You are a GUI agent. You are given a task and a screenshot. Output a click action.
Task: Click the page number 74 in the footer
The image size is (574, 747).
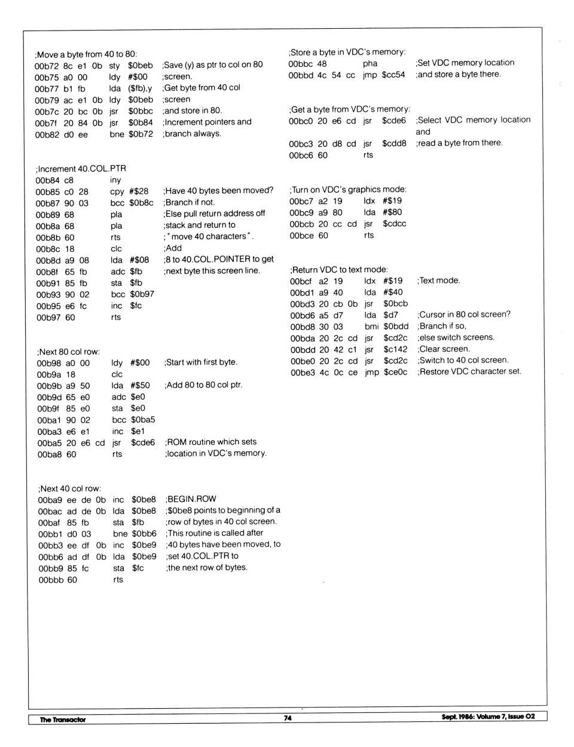pos(288,718)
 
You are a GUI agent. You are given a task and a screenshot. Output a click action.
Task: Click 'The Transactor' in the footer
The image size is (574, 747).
pos(63,719)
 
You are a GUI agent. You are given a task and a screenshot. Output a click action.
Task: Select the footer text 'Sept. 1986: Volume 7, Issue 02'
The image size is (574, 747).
pos(488,716)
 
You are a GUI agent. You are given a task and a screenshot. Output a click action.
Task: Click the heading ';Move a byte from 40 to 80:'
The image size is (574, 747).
pos(86,54)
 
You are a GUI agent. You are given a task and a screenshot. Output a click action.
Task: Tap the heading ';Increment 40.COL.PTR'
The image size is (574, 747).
pos(81,169)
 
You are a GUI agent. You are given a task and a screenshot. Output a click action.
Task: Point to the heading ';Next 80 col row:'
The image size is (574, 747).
pos(69,352)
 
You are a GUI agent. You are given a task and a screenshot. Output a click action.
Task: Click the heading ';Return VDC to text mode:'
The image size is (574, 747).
pos(339,270)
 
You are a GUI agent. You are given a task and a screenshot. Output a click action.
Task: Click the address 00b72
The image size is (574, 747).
pos(45,66)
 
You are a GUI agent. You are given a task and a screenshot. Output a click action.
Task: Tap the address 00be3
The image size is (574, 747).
pos(302,373)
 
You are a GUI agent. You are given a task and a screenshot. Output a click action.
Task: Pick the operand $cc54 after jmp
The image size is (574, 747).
pos(393,75)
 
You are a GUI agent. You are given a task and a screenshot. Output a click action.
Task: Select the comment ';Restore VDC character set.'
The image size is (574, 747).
pos(469,371)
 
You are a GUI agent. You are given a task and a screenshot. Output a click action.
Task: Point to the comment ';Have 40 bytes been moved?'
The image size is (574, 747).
pos(218,191)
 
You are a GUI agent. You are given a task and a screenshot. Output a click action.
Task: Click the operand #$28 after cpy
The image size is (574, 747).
pos(139,191)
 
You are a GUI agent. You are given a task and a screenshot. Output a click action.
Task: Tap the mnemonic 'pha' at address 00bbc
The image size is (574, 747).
pos(370,63)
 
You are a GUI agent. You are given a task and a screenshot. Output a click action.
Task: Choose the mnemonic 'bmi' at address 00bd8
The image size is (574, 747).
pos(371,327)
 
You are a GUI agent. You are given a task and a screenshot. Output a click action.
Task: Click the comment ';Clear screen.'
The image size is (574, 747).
pos(444,349)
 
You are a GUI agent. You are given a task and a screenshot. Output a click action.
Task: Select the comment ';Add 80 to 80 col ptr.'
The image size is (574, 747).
pos(203,385)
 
